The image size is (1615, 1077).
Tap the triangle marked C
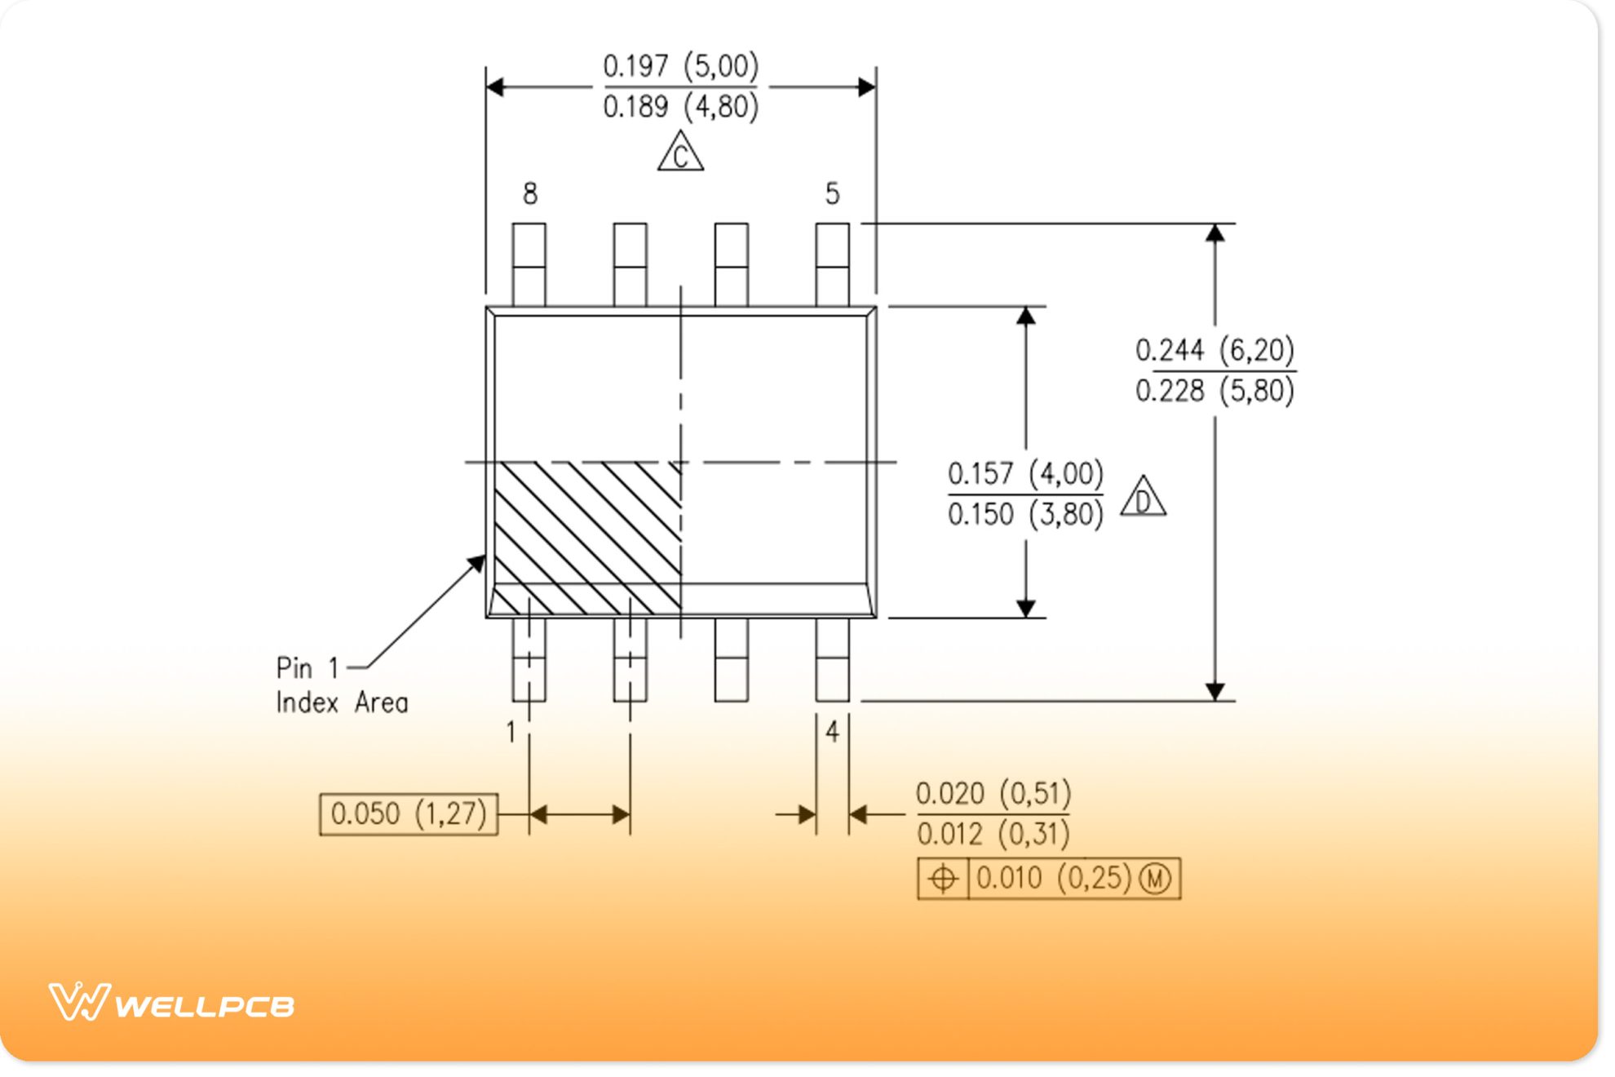point(680,153)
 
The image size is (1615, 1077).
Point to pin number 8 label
point(530,194)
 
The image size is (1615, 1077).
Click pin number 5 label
point(832,194)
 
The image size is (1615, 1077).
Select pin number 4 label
point(832,732)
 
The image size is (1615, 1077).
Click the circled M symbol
point(1155,879)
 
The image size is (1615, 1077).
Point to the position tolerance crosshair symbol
point(943,879)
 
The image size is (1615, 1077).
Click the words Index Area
point(342,702)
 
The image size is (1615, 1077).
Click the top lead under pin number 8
point(529,264)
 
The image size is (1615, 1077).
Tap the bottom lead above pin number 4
point(832,659)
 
